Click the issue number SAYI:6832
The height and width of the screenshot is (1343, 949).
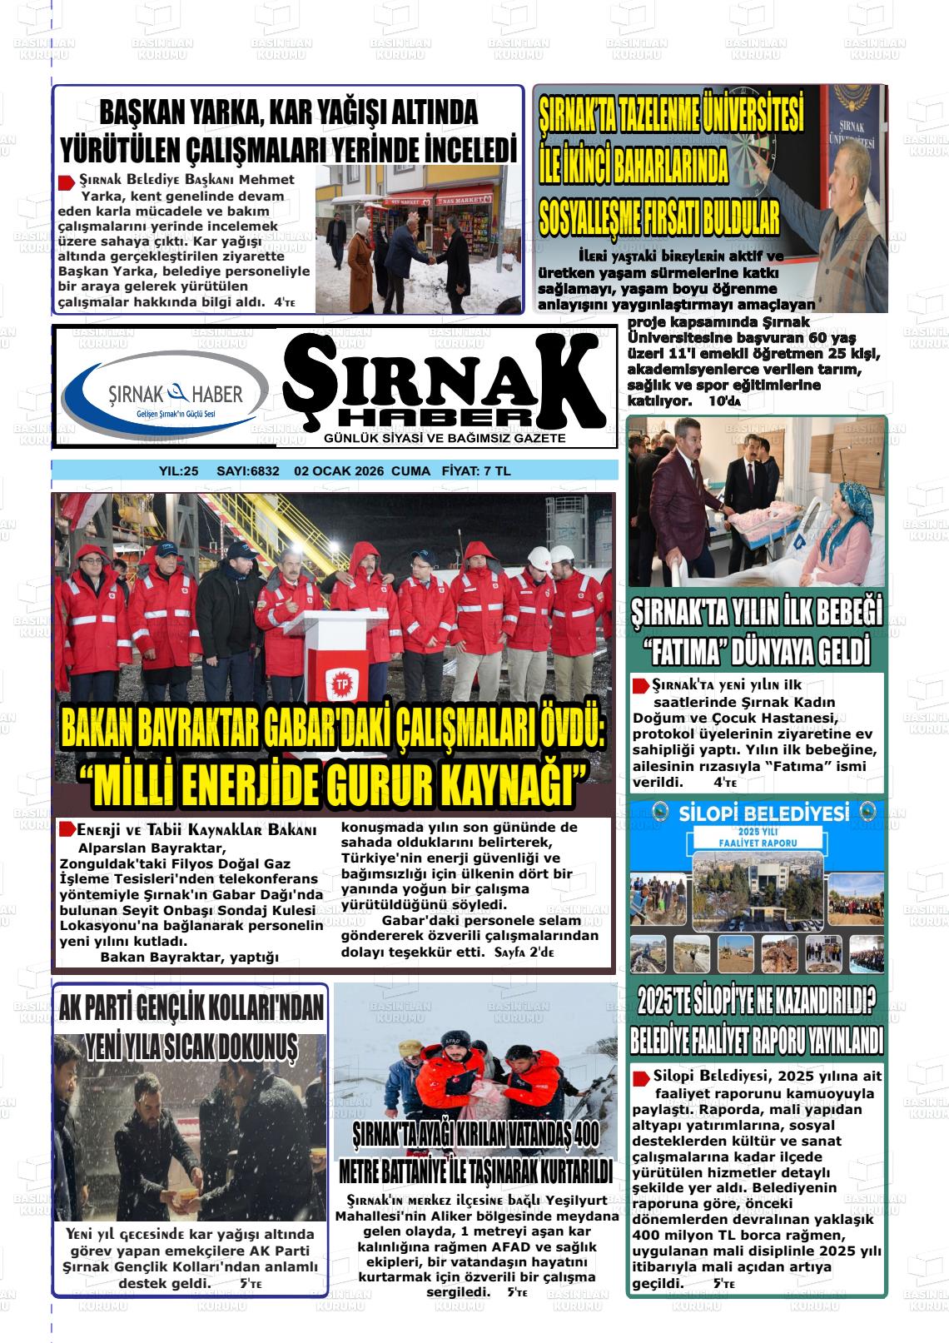(x=247, y=471)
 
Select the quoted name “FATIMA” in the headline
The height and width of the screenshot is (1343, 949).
(x=697, y=650)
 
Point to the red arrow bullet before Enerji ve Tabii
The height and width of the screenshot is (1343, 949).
(x=67, y=830)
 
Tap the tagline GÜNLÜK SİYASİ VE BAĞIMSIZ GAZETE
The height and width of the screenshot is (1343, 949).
(x=445, y=438)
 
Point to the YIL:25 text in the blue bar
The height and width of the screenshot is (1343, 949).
(x=179, y=471)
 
